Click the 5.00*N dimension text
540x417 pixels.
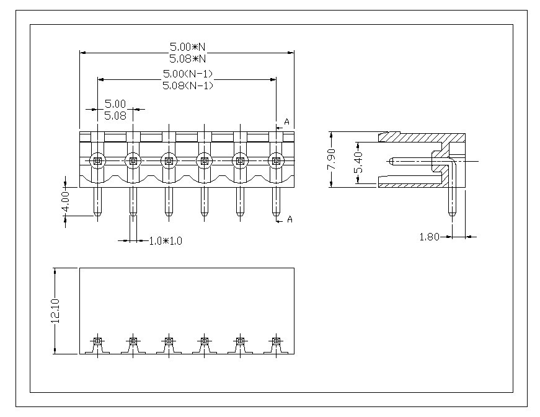[187, 46]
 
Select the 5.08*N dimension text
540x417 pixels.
[187, 58]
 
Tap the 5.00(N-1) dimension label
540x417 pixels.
[187, 74]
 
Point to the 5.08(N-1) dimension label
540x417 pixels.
[187, 86]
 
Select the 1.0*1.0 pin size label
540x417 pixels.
[166, 240]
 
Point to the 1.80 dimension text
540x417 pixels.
[430, 236]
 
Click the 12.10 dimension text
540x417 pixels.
[55, 311]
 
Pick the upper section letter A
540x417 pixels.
[286, 121]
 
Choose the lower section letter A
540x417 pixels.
[289, 219]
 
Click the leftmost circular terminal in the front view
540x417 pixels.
[97, 161]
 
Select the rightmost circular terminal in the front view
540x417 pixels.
[276, 161]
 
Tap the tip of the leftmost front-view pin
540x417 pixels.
[97, 216]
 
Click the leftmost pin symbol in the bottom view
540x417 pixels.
[97, 341]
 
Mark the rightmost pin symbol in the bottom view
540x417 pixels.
[276, 341]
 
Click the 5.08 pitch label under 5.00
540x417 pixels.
[115, 115]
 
